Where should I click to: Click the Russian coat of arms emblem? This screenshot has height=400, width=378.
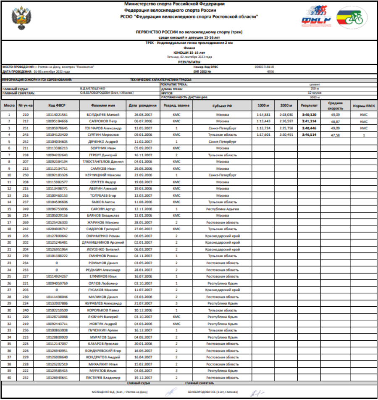click(19, 18)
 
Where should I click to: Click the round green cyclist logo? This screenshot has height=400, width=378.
click(352, 18)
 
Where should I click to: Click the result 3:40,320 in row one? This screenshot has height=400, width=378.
click(310, 114)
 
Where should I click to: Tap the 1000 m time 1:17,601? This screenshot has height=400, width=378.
click(263, 135)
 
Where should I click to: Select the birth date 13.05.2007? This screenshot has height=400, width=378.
click(142, 128)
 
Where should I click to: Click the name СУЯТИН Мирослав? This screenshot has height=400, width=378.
click(103, 135)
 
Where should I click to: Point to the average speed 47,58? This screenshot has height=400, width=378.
click(335, 135)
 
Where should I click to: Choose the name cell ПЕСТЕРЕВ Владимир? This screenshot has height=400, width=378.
click(103, 377)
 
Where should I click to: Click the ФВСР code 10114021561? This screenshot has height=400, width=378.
click(57, 114)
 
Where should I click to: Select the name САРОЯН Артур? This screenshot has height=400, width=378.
click(103, 209)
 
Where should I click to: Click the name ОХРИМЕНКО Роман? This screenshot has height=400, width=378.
click(103, 236)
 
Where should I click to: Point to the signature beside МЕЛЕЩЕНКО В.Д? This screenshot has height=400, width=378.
click(170, 392)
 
